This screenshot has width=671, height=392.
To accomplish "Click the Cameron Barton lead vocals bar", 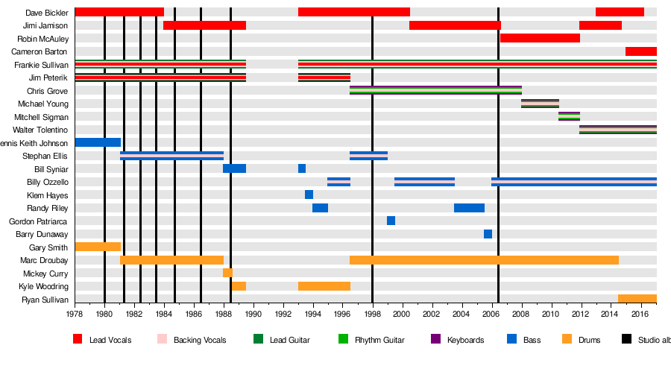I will tap(640, 51).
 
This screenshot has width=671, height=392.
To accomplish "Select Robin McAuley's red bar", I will tap(540, 38).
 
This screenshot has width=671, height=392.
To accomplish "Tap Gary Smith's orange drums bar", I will tap(98, 247).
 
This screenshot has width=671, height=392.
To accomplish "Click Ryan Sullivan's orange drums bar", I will tap(637, 299).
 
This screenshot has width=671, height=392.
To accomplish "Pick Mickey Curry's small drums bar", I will tap(227, 273).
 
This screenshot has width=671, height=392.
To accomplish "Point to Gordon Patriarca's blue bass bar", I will tap(391, 221).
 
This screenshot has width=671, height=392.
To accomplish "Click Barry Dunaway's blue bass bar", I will tap(488, 234).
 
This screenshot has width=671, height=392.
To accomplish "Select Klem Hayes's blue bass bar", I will tap(309, 195).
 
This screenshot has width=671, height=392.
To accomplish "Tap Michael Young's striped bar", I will tap(540, 104).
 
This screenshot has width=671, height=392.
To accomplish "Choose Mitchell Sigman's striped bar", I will tap(569, 116).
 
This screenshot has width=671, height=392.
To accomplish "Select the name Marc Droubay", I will tap(44, 260).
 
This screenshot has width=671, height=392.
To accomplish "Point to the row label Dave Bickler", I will tap(46, 13).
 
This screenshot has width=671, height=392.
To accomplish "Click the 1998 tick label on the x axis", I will tap(372, 314).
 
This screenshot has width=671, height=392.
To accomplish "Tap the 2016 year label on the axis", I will tap(640, 314).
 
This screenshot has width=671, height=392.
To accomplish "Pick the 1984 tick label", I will tap(163, 314).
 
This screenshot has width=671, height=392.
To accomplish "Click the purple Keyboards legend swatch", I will tap(436, 340).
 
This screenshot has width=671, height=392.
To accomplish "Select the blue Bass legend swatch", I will tap(512, 340).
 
